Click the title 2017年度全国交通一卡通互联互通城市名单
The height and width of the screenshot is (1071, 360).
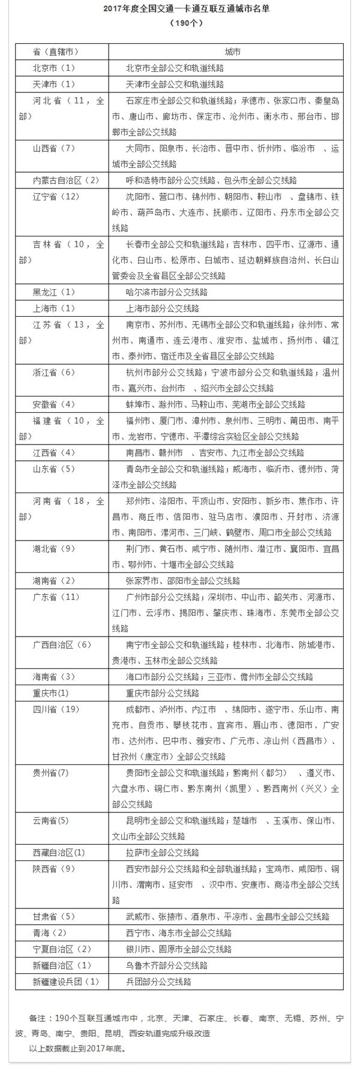[180, 9]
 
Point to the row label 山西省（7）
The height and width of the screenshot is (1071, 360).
[53, 148]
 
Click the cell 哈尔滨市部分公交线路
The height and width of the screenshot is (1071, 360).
[163, 292]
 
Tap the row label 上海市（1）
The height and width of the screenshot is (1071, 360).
[53, 308]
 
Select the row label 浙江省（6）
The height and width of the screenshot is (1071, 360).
[53, 373]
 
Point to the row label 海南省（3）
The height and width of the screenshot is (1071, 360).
[53, 677]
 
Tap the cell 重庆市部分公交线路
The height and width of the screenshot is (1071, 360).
[163, 693]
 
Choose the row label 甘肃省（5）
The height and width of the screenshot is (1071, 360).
[53, 917]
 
